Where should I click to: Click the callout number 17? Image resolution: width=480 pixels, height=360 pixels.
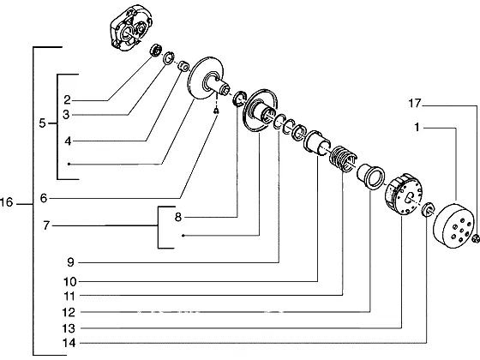point(415,104)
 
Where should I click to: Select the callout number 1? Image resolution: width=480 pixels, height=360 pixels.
point(417,127)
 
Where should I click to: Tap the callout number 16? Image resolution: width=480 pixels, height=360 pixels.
point(7,202)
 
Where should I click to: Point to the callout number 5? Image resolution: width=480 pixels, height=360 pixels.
point(42,123)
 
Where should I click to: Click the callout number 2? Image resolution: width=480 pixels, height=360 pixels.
point(67,99)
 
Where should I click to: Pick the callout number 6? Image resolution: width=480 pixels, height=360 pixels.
point(44,198)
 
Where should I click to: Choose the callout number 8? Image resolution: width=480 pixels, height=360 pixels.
point(178,218)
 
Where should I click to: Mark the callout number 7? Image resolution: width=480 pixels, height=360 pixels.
point(46,226)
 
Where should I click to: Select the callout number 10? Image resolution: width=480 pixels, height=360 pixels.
point(69,282)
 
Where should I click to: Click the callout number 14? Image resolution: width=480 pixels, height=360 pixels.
point(69,343)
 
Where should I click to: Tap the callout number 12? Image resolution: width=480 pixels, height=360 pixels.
point(69,312)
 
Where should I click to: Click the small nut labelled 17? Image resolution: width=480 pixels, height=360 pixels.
point(476,238)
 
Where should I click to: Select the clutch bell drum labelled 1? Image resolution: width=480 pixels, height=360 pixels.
point(453,226)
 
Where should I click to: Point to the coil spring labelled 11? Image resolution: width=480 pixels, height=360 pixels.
point(343,159)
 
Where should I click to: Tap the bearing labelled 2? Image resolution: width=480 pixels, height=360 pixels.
point(156,50)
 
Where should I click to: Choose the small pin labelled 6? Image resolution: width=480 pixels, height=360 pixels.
point(216,111)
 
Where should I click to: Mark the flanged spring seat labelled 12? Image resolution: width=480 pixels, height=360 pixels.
point(370,177)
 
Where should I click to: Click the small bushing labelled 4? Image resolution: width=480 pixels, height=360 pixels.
point(183,66)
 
